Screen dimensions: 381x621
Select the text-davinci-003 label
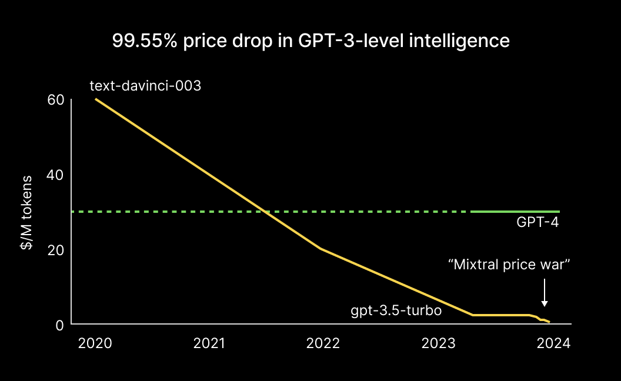point(145,86)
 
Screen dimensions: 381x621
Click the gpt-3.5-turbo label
point(396,310)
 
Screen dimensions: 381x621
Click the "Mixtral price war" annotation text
point(510,265)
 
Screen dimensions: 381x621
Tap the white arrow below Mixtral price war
point(545,293)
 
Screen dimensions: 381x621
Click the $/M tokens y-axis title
point(27,212)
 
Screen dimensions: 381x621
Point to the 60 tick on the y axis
point(55,99)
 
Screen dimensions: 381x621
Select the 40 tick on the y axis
point(55,175)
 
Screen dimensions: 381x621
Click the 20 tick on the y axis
point(55,249)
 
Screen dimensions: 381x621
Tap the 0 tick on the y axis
point(59,325)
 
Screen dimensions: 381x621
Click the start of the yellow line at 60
point(96,99)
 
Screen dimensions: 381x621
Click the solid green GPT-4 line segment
point(515,211)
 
